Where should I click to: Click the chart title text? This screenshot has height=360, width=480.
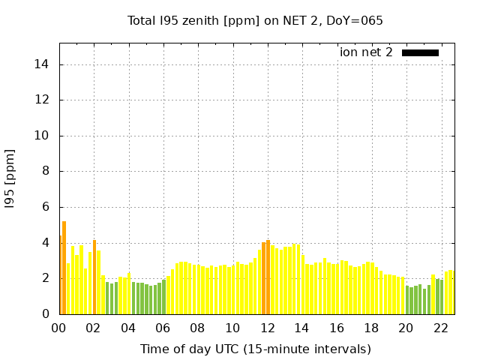pos(255,20)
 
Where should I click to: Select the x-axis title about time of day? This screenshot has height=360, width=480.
pos(255,349)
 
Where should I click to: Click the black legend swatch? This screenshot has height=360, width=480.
pos(420,52)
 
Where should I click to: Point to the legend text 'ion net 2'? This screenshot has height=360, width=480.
pos(366,52)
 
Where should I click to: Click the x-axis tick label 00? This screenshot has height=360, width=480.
pos(59,328)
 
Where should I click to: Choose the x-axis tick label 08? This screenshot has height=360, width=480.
pos(198,328)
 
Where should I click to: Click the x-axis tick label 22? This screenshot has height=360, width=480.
pos(441,328)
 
